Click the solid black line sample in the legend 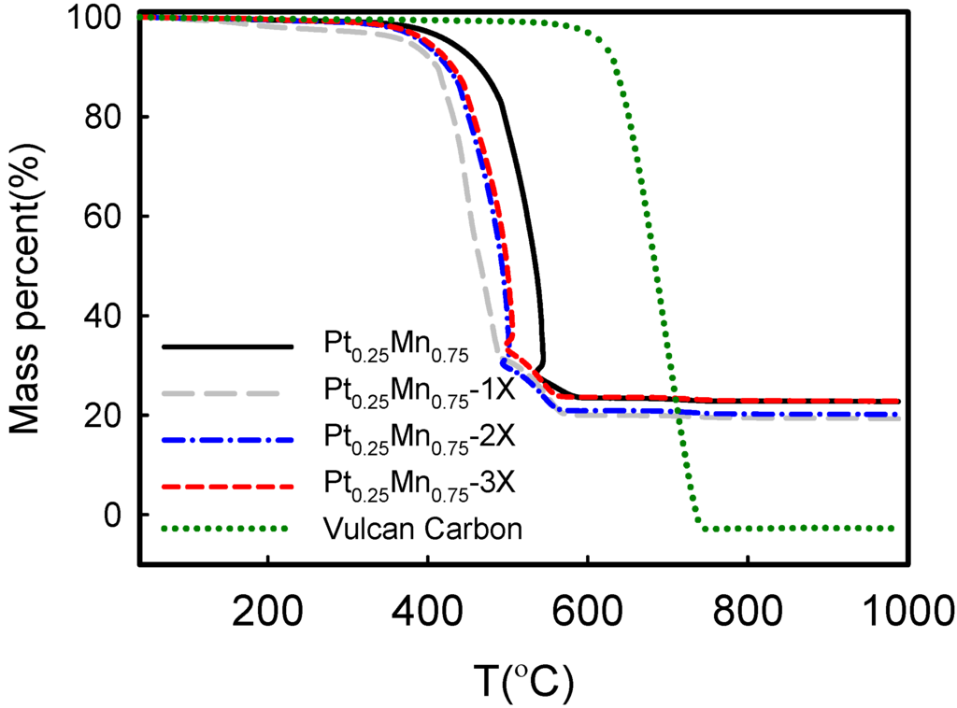click(x=224, y=347)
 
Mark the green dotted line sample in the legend click(x=224, y=529)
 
